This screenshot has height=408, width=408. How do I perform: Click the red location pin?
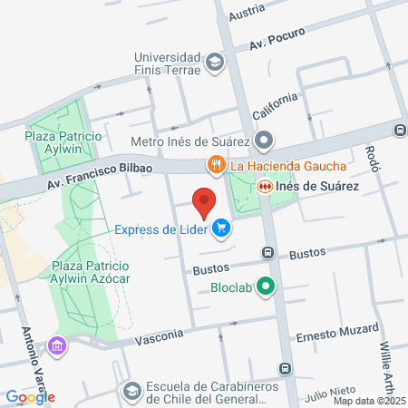205,202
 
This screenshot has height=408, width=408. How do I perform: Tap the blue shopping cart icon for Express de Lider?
221,229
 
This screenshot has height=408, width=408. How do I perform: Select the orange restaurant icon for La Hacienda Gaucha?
216,165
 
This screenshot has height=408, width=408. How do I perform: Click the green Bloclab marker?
266,287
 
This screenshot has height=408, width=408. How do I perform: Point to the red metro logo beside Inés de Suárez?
265,186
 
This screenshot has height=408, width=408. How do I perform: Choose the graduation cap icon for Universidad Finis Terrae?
215,62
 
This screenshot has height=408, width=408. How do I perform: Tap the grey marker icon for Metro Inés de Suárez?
264,141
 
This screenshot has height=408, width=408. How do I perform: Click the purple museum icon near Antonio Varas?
58,345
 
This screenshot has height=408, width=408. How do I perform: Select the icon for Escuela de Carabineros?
131,390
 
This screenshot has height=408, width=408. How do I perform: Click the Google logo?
31,396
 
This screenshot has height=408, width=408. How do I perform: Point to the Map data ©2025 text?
370,401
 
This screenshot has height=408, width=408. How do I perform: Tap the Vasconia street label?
160,339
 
